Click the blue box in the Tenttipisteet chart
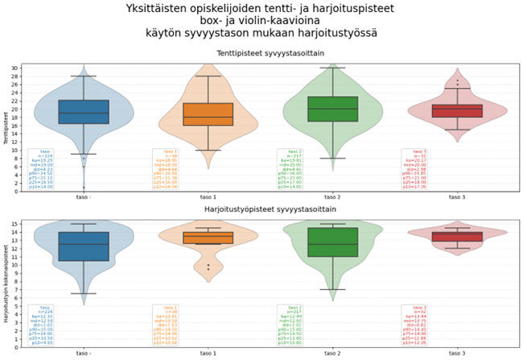[x=83, y=112]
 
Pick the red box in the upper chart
[x=457, y=110]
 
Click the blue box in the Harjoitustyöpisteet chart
[x=83, y=246]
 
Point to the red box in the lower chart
[x=457, y=237]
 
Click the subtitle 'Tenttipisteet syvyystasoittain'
[x=270, y=53]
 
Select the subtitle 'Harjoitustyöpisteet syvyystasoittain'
[x=270, y=211]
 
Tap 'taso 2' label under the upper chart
[x=332, y=196]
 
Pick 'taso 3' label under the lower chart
[x=457, y=353]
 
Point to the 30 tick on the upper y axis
[x=15, y=68]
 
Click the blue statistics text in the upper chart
[x=41, y=169]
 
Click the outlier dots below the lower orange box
[x=208, y=266]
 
